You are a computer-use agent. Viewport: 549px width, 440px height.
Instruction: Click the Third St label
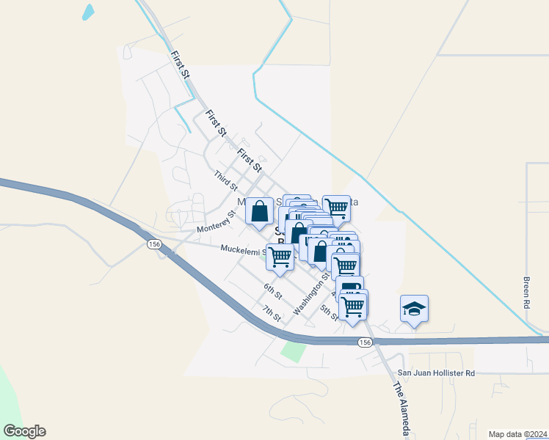pos(222,177)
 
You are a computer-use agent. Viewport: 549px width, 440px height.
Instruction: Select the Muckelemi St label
pos(243,249)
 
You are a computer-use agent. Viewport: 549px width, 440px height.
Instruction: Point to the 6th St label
pos(273,290)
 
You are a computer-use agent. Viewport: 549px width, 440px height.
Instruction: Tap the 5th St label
pos(329,313)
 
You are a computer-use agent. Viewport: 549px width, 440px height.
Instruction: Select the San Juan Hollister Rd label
pos(436,373)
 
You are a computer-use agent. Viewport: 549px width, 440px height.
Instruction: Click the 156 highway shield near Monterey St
pos(153,243)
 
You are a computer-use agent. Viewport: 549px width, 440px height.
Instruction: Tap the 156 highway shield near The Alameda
pos(364,342)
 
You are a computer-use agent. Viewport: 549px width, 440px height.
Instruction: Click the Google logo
pos(24,431)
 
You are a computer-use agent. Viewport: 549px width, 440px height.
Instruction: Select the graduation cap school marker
pos(414,309)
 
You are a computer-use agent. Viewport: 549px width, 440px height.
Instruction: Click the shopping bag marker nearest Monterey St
pos(259,211)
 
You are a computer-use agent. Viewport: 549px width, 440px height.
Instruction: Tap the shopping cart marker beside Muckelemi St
pos(280,257)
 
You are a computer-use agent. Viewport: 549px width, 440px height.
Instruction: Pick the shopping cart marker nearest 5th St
pos(353,304)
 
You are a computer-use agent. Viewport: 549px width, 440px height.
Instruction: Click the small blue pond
pos(89,12)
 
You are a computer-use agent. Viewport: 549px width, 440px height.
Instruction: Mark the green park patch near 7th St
pos(293,351)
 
